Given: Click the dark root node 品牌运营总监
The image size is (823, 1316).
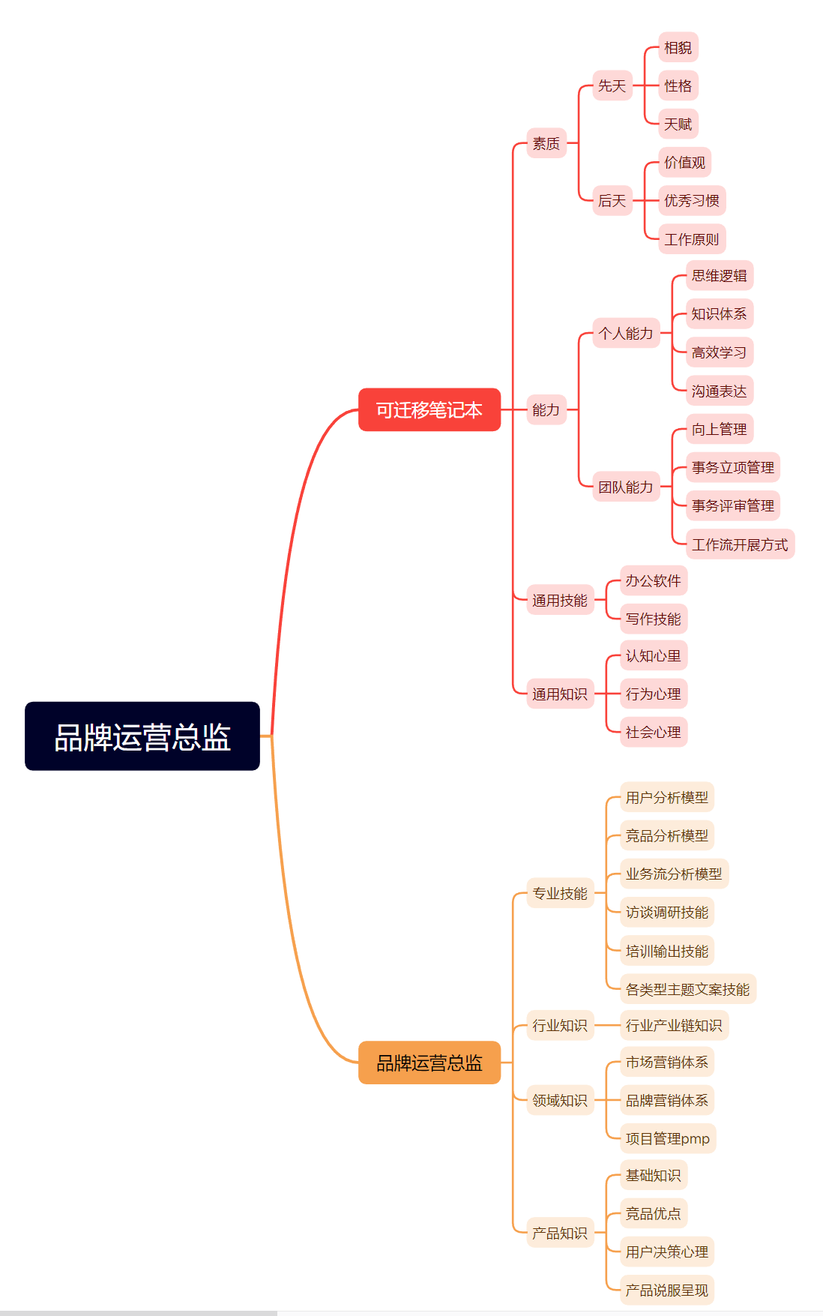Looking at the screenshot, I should [x=142, y=736].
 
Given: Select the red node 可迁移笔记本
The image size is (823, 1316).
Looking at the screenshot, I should [x=429, y=409].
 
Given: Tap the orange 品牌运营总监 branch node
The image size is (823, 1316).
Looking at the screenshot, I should [x=429, y=1063].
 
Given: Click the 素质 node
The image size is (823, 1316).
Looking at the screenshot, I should [x=546, y=143].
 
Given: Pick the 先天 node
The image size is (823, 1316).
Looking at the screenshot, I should [x=612, y=85].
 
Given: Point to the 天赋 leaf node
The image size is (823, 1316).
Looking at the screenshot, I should [x=678, y=124].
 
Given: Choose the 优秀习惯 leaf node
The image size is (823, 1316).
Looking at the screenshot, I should [x=691, y=200].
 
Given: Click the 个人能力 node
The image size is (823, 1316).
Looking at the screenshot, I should [x=625, y=333].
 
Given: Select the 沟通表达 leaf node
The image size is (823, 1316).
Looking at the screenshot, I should [x=719, y=391].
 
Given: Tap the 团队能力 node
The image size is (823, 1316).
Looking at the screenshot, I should [x=625, y=487].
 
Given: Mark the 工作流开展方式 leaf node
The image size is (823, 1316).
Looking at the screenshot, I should [x=739, y=544].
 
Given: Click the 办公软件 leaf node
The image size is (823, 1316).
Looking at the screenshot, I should [x=653, y=580].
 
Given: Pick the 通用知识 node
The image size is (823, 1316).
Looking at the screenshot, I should [x=559, y=694].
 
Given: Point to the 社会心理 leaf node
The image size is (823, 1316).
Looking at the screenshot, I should [x=653, y=732].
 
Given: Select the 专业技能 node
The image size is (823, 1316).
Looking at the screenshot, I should [x=559, y=893].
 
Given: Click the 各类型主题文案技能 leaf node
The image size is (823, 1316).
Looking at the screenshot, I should [x=687, y=989].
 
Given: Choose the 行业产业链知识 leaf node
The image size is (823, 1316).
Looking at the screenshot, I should [x=673, y=1025].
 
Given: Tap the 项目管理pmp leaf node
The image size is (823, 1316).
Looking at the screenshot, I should [x=667, y=1138].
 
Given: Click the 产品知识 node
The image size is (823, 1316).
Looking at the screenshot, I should [x=559, y=1233].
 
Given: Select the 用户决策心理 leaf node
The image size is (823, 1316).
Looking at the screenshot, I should [x=666, y=1252].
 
